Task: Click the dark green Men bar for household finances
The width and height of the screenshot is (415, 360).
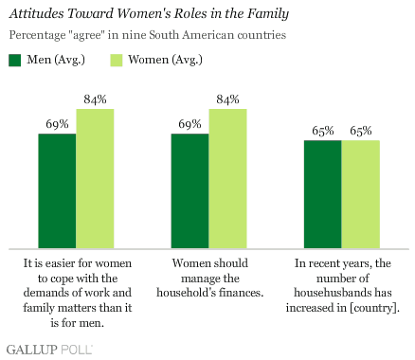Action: (x=189, y=189)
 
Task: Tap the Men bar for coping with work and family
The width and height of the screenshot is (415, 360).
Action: (x=57, y=189)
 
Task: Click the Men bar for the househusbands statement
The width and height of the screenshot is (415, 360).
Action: (x=322, y=193)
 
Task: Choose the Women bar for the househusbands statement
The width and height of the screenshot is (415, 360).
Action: (x=360, y=193)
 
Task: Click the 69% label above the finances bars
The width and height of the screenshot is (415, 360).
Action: (x=189, y=124)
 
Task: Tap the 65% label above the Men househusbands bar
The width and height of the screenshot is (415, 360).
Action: (x=322, y=131)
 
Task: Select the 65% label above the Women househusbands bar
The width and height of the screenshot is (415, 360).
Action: (x=360, y=131)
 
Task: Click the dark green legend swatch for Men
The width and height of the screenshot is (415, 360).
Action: (x=16, y=61)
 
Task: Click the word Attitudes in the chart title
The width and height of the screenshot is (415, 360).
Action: (x=42, y=15)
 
